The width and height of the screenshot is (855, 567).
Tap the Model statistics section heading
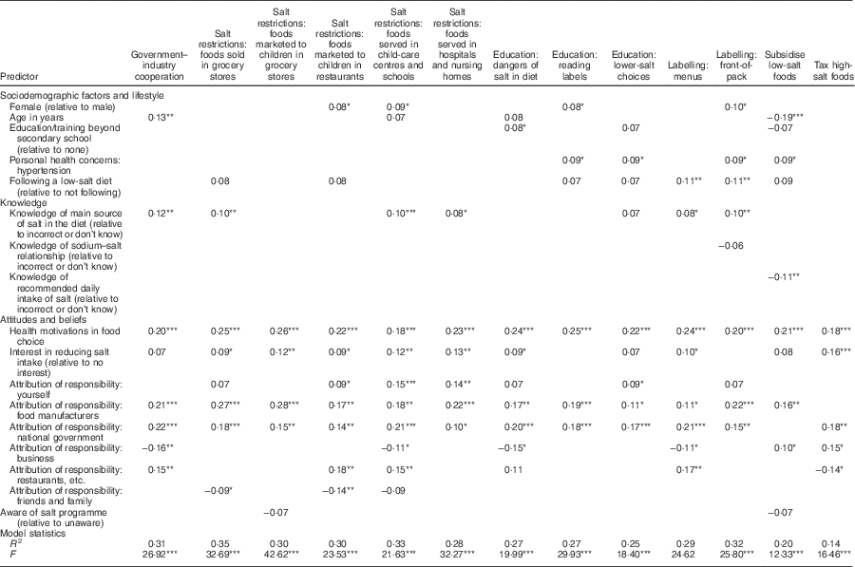coord(34,535)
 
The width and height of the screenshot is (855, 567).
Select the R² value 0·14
coord(828,544)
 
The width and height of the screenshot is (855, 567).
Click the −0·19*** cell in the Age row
coord(786,117)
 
